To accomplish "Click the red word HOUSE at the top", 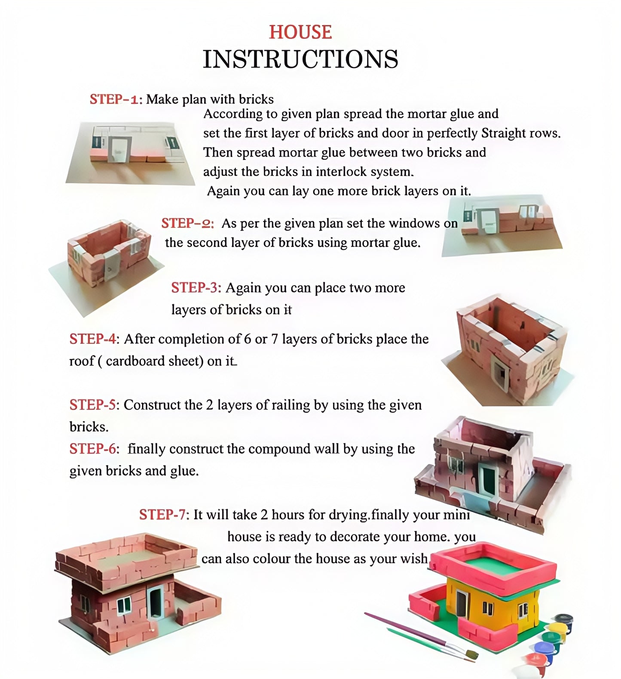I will coord(300,33).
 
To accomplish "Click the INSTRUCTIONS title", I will coord(300,59).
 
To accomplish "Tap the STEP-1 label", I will coord(115,99).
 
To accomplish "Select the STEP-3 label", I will coord(196,287).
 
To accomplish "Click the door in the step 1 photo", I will coord(119,150).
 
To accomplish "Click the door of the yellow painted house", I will coord(461,606).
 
